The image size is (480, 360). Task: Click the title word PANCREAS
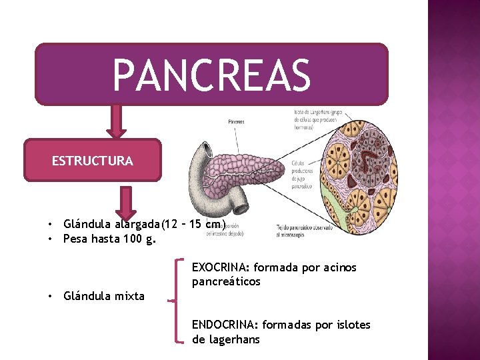(211, 75)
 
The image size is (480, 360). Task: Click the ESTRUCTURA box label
(93, 161)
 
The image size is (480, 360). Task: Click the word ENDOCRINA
(224, 325)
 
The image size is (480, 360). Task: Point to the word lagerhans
(233, 339)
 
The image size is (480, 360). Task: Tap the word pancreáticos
(226, 281)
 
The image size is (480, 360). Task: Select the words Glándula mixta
(103, 296)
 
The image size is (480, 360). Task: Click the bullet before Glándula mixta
(50, 296)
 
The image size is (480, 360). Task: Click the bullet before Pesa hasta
(50, 238)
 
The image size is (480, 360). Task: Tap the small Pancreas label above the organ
(236, 122)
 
